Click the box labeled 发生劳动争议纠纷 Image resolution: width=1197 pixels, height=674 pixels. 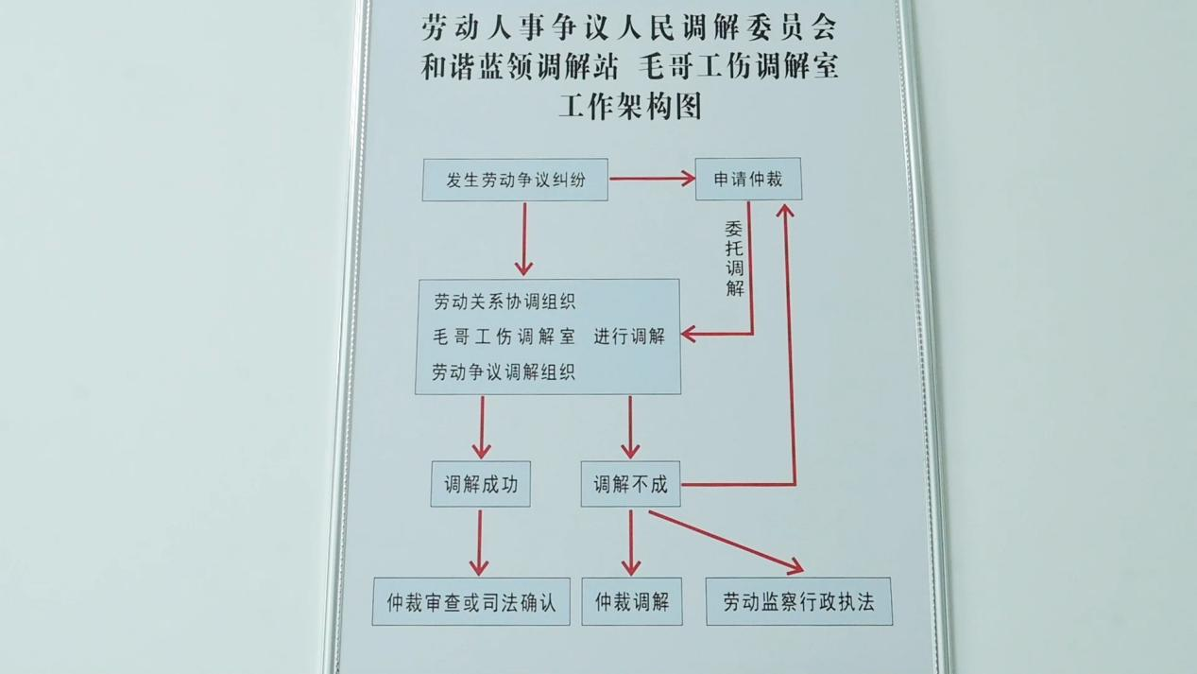pos(515,180)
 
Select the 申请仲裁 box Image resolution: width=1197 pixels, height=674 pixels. pos(748,179)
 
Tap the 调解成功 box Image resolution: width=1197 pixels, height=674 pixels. pos(480,484)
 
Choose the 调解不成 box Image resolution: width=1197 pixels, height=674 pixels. pos(630,484)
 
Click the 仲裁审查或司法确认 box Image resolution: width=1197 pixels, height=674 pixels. pos(471,602)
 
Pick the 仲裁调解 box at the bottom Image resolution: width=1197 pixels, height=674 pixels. pos(632,602)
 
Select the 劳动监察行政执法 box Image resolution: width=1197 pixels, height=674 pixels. pos(799,602)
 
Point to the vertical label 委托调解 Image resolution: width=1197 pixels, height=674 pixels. pos(735,259)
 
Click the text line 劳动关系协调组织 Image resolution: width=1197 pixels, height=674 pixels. pos(504,302)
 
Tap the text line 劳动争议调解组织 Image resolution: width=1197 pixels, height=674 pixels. pos(504,372)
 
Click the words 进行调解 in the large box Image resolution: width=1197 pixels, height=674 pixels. pos(629,337)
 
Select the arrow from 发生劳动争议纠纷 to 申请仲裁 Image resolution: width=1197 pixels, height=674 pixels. pos(652,179)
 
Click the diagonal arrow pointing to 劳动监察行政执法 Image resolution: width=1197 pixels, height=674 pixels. pos(727,542)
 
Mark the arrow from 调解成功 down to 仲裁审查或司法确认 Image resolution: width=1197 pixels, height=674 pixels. pos(479,543)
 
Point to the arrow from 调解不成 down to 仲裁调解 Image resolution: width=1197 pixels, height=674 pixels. pos(631,543)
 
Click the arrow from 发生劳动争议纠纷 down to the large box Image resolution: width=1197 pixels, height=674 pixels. pos(524,239)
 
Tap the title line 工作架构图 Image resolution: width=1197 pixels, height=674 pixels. pos(630,107)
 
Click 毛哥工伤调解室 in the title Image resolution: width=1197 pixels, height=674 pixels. pos(739,67)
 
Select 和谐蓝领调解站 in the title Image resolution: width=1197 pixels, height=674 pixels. pos(520,67)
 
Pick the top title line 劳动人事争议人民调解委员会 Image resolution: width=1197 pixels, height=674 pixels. pos(629,27)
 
